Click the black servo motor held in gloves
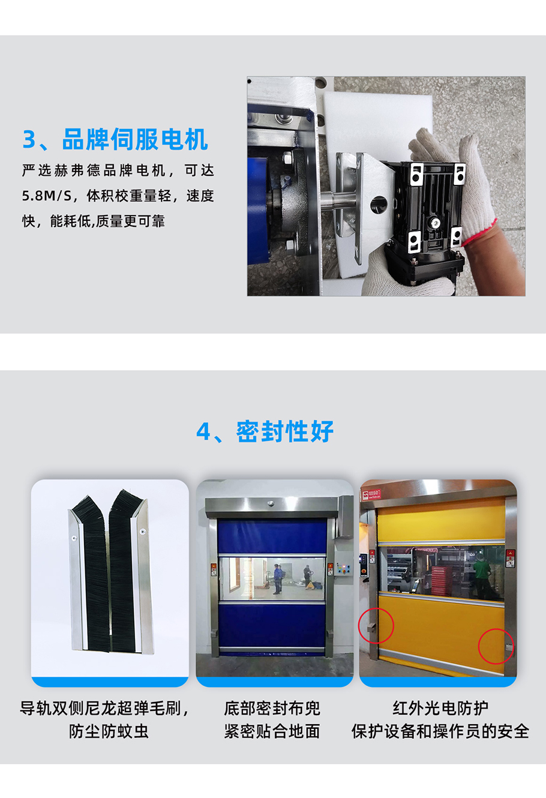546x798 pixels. pos(429,216)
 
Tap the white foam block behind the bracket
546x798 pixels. pos(372,120)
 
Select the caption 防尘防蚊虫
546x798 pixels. pos(109,731)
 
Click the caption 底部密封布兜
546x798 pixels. pos(272,708)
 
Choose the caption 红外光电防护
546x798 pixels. pos(440,708)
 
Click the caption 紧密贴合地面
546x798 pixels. pos(272,731)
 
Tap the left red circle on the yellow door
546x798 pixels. pos(376,625)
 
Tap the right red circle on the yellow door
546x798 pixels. pos(496,646)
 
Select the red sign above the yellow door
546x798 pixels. pos(368,495)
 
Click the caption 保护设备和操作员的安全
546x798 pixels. pos(440,731)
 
